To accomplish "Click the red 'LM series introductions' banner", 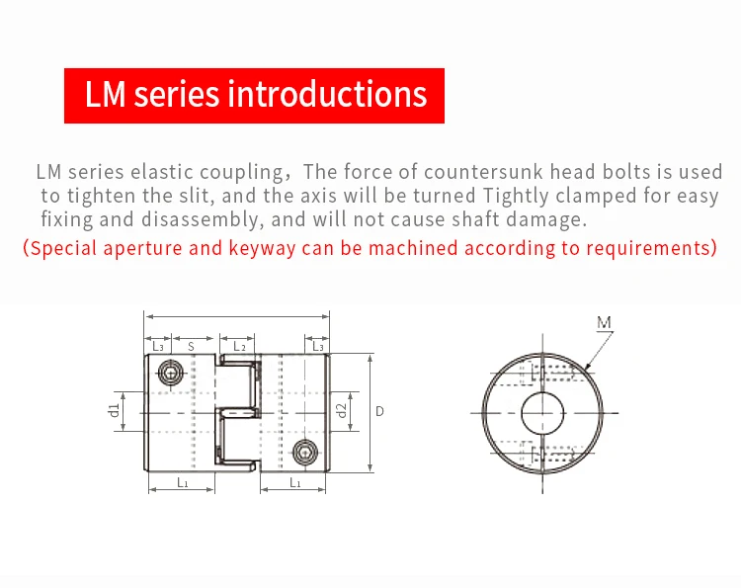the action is click(255, 95).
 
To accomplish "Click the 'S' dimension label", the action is click(190, 347).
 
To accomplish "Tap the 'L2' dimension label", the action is click(239, 347).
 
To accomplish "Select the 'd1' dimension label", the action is click(115, 409).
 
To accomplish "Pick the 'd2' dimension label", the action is click(341, 410).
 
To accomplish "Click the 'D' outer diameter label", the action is click(380, 410).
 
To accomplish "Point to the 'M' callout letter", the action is click(605, 322).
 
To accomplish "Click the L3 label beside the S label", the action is click(158, 347).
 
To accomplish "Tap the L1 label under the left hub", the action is click(183, 482).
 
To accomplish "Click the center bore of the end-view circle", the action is click(542, 410).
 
